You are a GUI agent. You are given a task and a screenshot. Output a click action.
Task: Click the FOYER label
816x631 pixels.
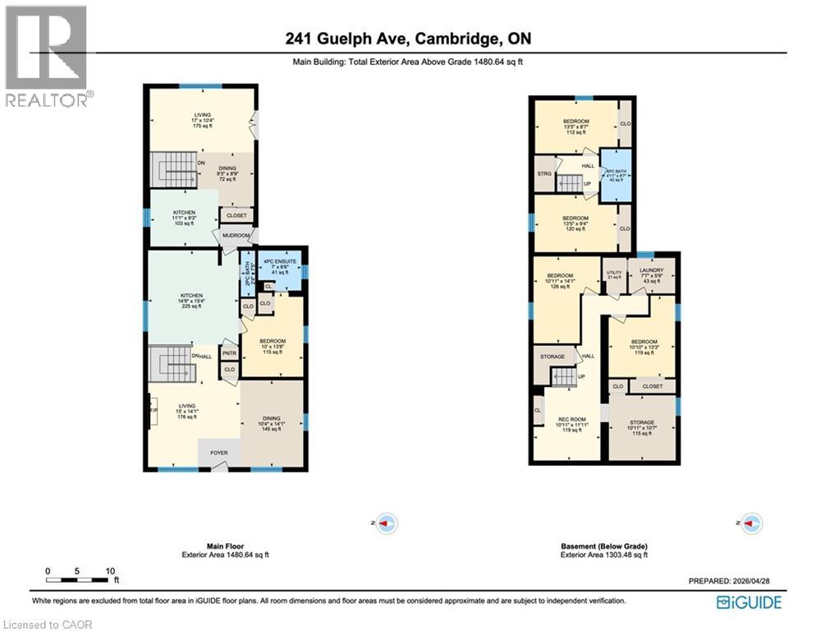[x=219, y=452]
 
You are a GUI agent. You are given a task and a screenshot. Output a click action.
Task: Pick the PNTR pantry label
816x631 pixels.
[x=229, y=354]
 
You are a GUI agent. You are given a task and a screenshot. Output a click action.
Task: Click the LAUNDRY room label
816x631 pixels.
[x=650, y=270]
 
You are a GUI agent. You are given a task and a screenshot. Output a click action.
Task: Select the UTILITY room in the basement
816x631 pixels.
[x=614, y=274]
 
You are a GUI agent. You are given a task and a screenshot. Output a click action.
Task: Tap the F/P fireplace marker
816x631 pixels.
[x=153, y=409]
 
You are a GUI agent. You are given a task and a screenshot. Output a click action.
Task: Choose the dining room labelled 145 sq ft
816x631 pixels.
[x=271, y=422]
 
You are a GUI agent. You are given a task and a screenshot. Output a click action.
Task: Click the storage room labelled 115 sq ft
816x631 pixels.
[x=643, y=427]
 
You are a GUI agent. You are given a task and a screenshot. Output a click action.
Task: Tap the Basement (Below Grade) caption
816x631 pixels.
[x=603, y=546]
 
